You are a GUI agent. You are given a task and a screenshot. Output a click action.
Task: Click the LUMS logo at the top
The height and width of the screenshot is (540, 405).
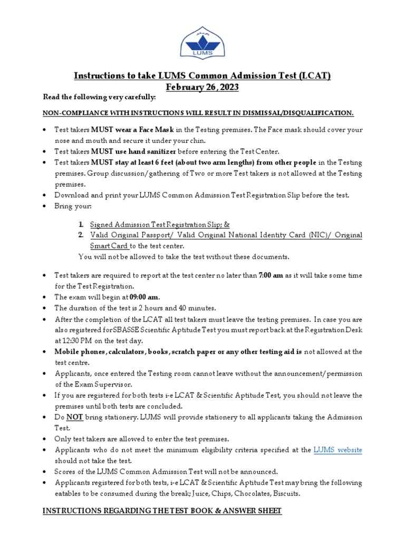(202, 42)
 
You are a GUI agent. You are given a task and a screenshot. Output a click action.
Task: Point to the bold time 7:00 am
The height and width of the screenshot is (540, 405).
(271, 275)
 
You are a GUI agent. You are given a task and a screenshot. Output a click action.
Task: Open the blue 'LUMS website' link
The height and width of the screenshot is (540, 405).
(337, 450)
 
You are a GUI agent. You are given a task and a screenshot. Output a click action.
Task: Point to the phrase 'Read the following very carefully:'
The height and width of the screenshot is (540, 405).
(99, 98)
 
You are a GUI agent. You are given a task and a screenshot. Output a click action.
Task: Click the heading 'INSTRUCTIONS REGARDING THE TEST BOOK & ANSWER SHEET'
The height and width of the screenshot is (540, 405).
(162, 510)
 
